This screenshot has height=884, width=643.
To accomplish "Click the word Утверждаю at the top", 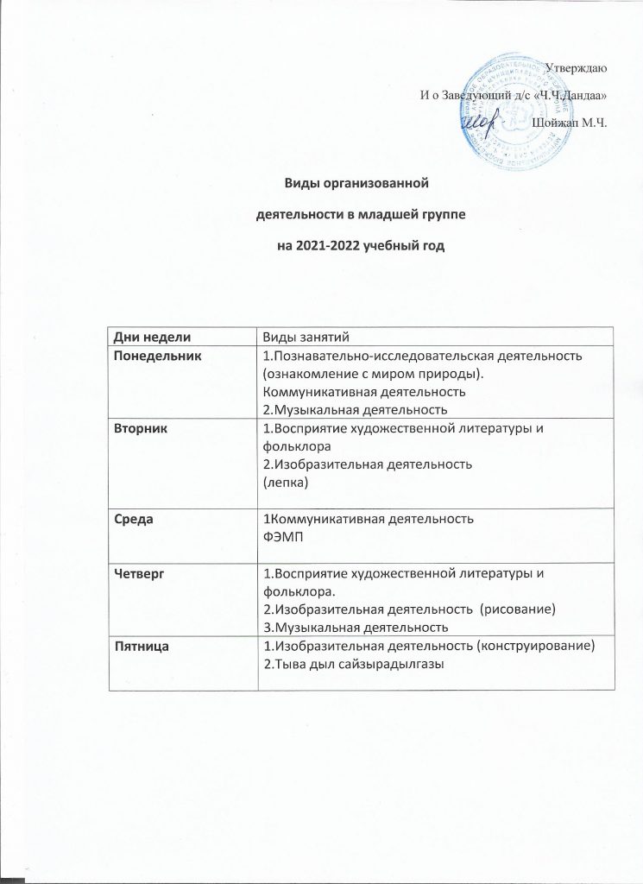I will [579, 67].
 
